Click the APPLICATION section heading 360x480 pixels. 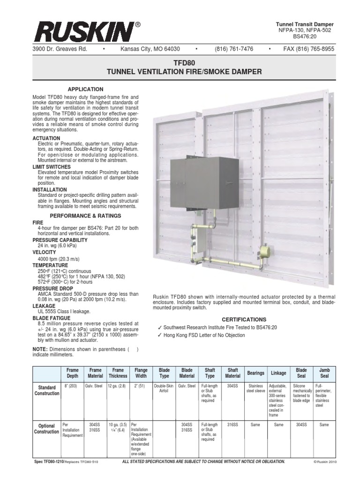point(85,89)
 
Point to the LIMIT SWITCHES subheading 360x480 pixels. point(52,167)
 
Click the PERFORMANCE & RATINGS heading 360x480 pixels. point(85,216)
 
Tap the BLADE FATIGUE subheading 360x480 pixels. point(50,318)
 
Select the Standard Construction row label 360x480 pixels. point(46,390)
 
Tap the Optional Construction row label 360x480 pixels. point(46,428)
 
